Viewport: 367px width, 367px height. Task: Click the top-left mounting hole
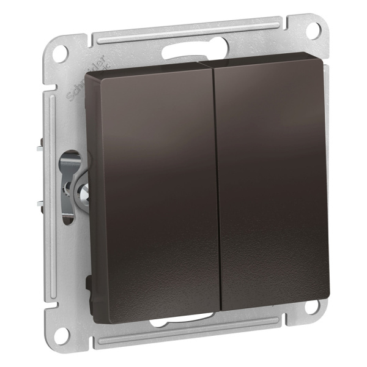coord(59,51)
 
